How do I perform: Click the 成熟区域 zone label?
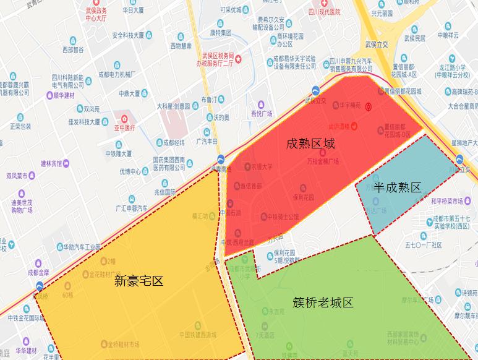tap(310, 144)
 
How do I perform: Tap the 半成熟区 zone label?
tap(396, 187)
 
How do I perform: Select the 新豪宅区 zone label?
tap(139, 281)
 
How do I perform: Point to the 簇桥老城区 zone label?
tap(323, 302)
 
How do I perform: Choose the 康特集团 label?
tap(220, 32)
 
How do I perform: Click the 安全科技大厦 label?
tap(132, 35)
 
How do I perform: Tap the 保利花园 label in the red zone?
tap(303, 197)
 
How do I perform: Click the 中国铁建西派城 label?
tap(198, 335)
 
